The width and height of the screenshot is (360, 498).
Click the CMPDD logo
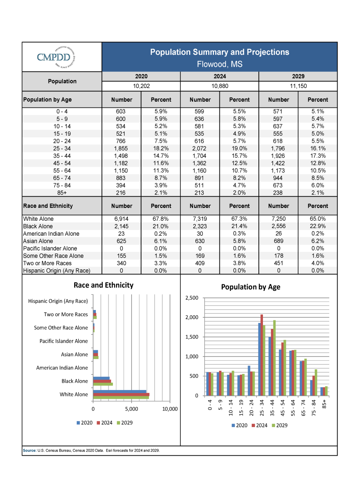pos(56,57)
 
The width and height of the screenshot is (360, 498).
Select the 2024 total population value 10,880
pos(219,86)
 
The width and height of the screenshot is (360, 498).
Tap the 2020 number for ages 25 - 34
pos(121,148)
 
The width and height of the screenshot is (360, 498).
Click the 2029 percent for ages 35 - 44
pos(318,156)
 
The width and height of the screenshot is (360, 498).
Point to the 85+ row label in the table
pos(62,193)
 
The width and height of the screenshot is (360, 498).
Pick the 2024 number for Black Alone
pos(199,226)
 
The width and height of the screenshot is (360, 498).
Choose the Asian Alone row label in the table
pos(38,241)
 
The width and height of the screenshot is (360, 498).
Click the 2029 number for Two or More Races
pos(278,263)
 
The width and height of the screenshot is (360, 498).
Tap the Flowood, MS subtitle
pos(219,64)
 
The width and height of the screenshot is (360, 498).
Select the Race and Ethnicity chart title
pos(103,285)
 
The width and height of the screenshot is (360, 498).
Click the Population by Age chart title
pos(251,287)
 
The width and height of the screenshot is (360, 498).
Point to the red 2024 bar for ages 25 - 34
pos(262,355)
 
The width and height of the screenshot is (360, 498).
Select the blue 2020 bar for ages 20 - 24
pos(249,381)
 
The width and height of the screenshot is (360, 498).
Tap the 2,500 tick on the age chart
pos(192,298)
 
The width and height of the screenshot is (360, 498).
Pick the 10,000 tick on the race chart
pos(170,409)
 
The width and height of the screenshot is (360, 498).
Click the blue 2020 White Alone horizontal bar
pos(119,391)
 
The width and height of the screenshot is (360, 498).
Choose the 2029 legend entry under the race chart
pos(125,422)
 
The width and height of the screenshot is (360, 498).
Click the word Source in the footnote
pos(29,450)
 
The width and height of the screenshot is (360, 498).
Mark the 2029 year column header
pos(298,76)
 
